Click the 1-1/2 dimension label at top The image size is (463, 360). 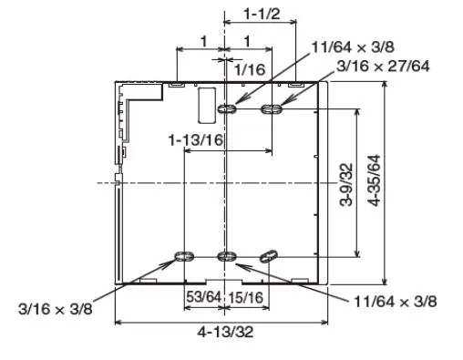click(262, 14)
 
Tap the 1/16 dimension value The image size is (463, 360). click(250, 69)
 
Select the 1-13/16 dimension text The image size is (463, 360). click(196, 140)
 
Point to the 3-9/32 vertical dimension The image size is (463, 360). click(346, 185)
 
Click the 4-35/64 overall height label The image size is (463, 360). click(374, 180)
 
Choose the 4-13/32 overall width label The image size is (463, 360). click(225, 332)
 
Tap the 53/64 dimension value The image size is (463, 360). click(203, 296)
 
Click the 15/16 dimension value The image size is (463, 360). click(245, 297)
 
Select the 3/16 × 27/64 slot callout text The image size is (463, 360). click(383, 66)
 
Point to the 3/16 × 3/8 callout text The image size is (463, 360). click(56, 309)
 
